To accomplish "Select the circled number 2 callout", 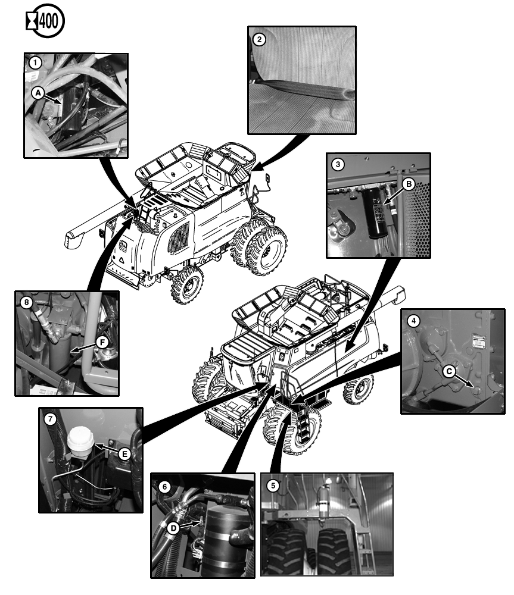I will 258,40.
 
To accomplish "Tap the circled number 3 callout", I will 338,164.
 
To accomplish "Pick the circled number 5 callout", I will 273,485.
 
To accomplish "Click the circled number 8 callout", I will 26,302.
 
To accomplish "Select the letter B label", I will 408,184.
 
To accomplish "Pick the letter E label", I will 124,454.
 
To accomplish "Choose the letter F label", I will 101,343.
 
